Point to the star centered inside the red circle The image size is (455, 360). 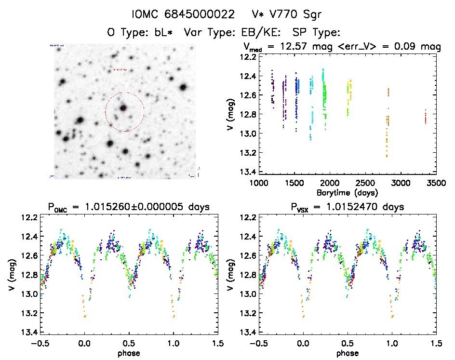pos(124,108)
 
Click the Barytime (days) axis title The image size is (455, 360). pos(347,192)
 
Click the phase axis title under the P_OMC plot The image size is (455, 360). pos(128,353)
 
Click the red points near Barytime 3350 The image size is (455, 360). pos(426,117)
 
